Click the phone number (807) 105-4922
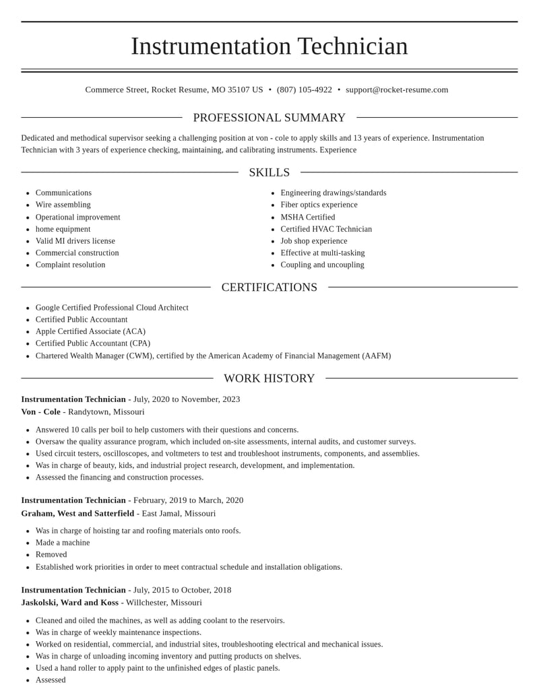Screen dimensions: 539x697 (305, 90)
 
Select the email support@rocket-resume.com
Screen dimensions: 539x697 (397, 90)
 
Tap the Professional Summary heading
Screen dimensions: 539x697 (269, 118)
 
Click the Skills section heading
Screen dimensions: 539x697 (269, 172)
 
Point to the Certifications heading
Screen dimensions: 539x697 (269, 288)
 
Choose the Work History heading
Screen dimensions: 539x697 (269, 378)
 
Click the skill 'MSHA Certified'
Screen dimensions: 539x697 (308, 217)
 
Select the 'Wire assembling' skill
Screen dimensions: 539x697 (63, 205)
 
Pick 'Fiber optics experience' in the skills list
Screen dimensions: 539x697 (319, 205)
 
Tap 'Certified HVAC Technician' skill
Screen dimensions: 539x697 (326, 229)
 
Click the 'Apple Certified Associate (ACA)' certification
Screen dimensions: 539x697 (90, 331)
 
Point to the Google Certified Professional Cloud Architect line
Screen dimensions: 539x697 (112, 308)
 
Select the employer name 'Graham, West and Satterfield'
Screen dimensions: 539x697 (77, 513)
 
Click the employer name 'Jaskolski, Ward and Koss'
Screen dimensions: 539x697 (69, 603)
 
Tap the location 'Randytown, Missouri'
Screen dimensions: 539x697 (106, 411)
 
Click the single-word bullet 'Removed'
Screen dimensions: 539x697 (51, 554)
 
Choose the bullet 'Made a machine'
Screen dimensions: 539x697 (63, 543)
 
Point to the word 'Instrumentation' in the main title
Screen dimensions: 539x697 (211, 46)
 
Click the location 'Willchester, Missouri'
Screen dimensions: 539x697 (164, 603)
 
